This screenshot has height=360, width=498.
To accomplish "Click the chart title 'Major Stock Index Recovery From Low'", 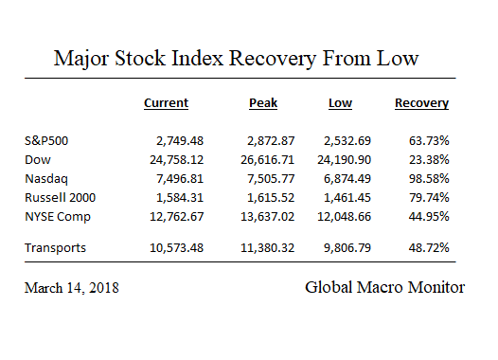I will coord(236,59).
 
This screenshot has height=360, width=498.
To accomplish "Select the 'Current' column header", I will coord(166,103).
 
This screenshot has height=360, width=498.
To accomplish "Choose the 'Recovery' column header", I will coord(421,103).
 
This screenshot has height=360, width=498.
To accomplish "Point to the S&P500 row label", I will coord(46,141).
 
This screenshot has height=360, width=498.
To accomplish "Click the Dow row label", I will coord(38,158).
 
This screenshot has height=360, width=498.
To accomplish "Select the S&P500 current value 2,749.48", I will coord(160,141).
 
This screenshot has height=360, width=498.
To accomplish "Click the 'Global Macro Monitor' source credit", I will coord(384,286).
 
